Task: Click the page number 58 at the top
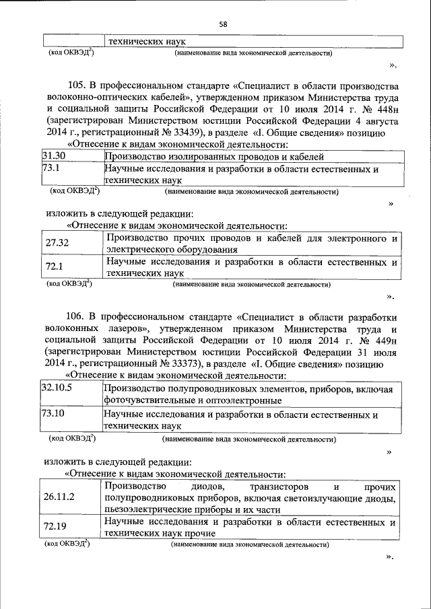(x=223, y=24)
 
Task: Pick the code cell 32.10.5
(x=57, y=388)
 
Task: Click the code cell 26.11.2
(x=59, y=498)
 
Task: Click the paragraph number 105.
(x=77, y=87)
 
